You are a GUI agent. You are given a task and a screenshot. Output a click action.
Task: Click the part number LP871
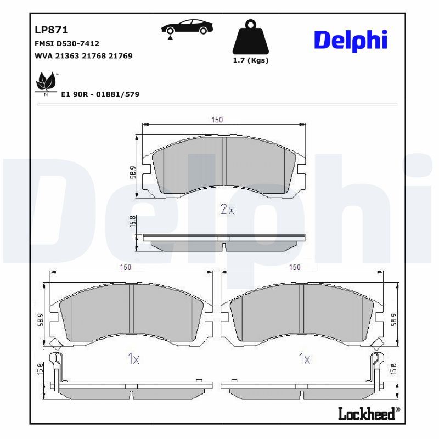point(51,30)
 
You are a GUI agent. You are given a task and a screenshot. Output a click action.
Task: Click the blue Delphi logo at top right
point(351,41)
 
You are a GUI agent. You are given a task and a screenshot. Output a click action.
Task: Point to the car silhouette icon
point(187,28)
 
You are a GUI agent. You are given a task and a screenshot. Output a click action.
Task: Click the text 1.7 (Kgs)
point(251,60)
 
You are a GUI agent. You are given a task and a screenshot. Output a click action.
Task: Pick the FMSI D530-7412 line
point(67,44)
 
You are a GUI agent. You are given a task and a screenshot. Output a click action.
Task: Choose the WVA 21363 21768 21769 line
point(83,56)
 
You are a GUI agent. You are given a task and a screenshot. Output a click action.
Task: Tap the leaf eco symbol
point(46,83)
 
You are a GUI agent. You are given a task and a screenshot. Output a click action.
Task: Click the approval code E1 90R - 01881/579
point(100,94)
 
